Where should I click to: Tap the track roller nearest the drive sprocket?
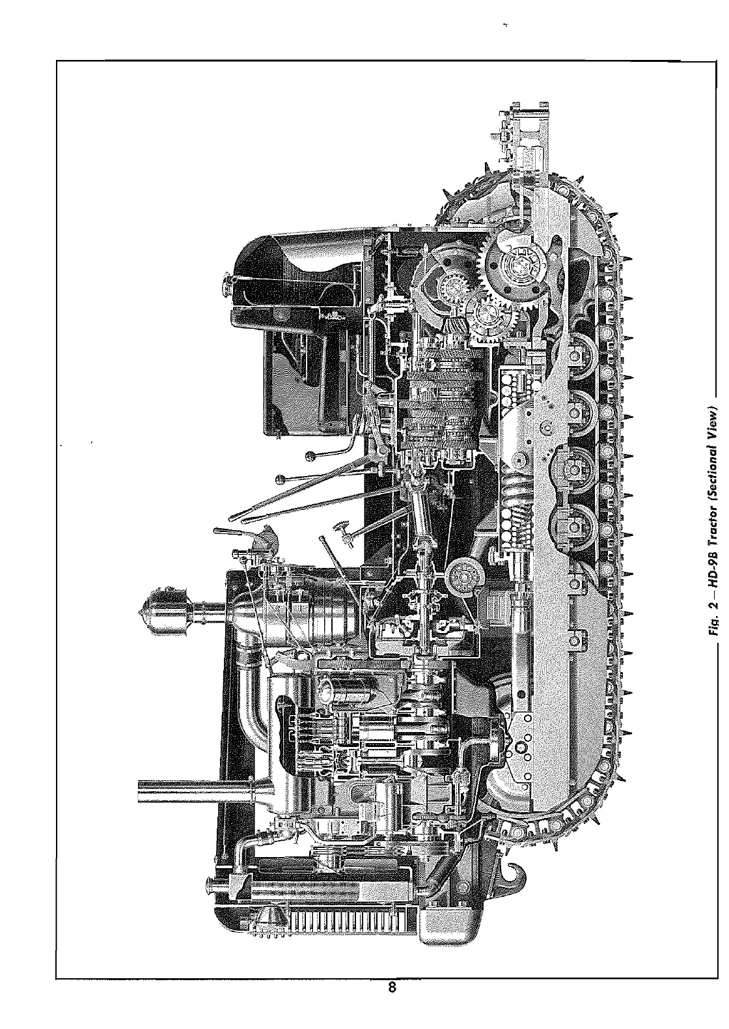coord(573,352)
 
